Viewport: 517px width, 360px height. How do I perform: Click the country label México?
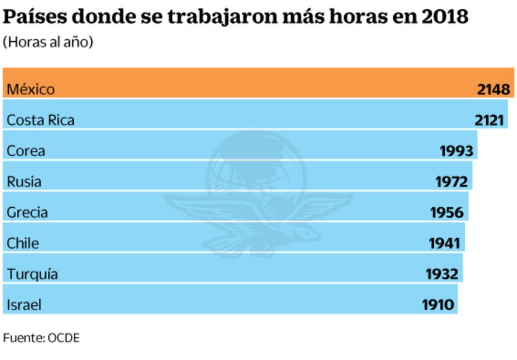[31, 89]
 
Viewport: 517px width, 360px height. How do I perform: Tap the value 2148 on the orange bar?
[494, 89]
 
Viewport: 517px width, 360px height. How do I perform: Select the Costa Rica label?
[41, 120]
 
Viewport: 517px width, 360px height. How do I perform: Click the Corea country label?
[26, 151]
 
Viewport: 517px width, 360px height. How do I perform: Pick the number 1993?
[458, 151]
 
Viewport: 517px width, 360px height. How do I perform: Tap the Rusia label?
[24, 182]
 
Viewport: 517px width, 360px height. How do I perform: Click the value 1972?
[452, 182]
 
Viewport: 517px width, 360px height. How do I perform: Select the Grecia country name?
[27, 213]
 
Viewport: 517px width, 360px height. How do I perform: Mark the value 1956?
[447, 213]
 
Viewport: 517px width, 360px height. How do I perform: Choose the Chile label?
[23, 243]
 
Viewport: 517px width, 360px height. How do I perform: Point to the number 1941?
[444, 243]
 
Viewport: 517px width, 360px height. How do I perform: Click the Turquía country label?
[33, 274]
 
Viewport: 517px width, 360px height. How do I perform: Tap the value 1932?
[442, 274]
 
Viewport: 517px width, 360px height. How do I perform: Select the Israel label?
[24, 305]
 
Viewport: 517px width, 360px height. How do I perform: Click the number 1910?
[437, 305]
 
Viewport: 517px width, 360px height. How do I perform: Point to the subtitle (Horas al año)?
[48, 42]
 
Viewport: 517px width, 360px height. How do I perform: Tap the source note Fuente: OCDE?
[41, 338]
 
